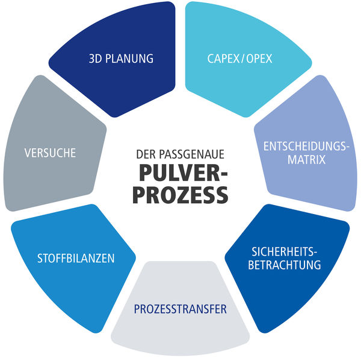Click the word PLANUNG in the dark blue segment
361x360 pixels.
pos(129,58)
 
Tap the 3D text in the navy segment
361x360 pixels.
pos(95,58)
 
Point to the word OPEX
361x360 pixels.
pos(259,58)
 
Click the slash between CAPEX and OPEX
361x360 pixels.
pos(243,58)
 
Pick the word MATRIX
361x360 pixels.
pos(306,159)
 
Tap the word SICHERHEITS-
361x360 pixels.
pos(285,251)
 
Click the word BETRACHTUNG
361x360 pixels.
pos(285,265)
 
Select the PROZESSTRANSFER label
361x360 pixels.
pos(180,309)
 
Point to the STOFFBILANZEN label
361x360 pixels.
pos(76,258)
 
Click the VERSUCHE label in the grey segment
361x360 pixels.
pos(50,153)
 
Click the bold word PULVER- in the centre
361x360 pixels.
pos(184,173)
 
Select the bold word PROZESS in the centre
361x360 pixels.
pos(180,195)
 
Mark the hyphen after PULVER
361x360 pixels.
pos(224,174)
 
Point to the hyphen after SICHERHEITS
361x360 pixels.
pos(316,253)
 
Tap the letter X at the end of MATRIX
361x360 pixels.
pos(322,159)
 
